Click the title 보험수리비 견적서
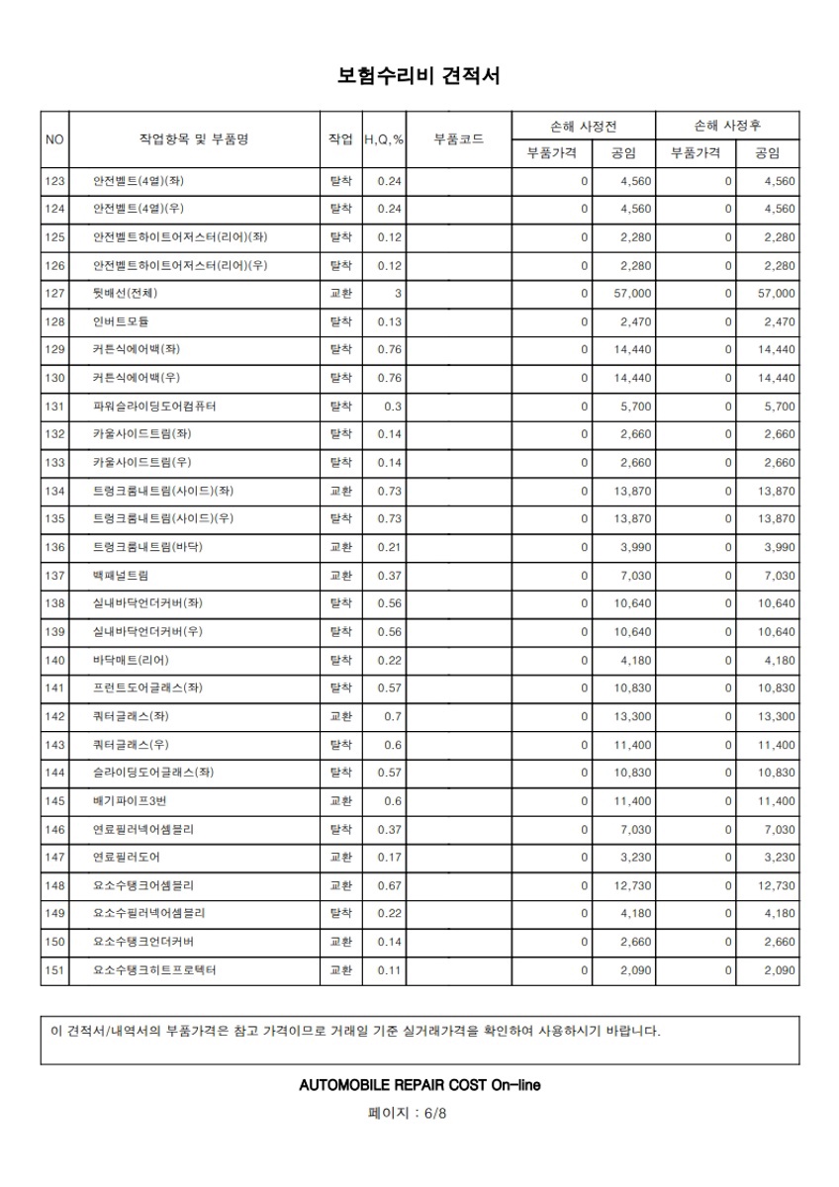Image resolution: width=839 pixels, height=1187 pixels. [419, 76]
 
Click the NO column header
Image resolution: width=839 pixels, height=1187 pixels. [54, 139]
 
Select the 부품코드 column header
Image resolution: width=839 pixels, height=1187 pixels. [458, 139]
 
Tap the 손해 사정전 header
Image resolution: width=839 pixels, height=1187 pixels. [584, 126]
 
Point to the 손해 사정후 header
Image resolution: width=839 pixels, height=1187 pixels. [727, 126]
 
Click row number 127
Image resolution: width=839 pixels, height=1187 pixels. [54, 294]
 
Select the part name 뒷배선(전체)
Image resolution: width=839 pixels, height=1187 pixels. [125, 294]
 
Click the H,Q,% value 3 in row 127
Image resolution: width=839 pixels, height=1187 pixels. [397, 294]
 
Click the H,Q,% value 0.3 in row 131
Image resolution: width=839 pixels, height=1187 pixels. [393, 407]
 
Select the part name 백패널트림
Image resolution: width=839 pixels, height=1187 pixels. [121, 576]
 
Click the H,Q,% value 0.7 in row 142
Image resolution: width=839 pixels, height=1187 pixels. [393, 716]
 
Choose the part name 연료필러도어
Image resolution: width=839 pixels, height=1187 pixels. [126, 858]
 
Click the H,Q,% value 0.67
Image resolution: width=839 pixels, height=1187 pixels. [390, 885]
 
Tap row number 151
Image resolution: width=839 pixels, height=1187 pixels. [54, 970]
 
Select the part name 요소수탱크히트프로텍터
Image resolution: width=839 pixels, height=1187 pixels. [154, 970]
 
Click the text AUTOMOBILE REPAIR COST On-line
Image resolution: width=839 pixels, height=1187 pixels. [419, 1085]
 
